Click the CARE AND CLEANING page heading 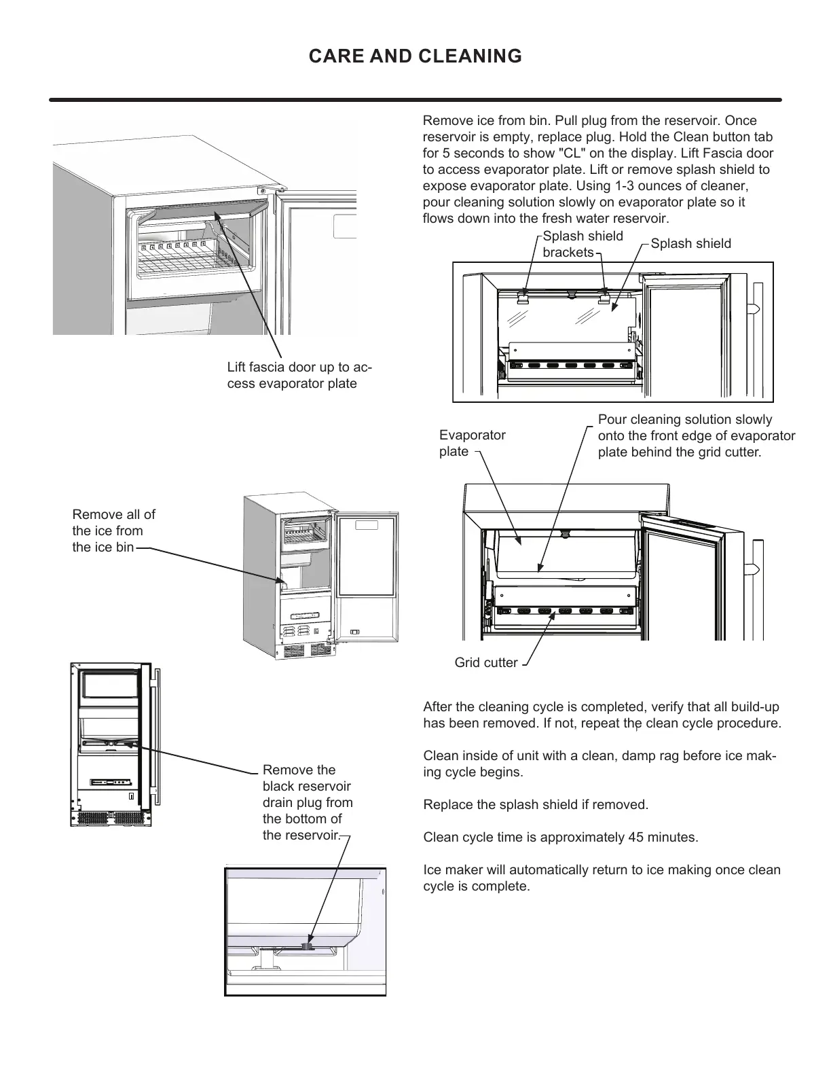415,56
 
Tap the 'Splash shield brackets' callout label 582,244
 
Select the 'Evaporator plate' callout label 472,443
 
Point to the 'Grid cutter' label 485,662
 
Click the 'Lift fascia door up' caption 299,376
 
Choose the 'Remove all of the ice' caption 113,531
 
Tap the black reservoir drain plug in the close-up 308,944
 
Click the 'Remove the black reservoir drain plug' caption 307,802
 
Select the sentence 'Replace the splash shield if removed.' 536,804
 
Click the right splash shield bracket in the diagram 604,297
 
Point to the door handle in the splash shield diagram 752,310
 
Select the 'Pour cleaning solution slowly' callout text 695,435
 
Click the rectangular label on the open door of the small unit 367,526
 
